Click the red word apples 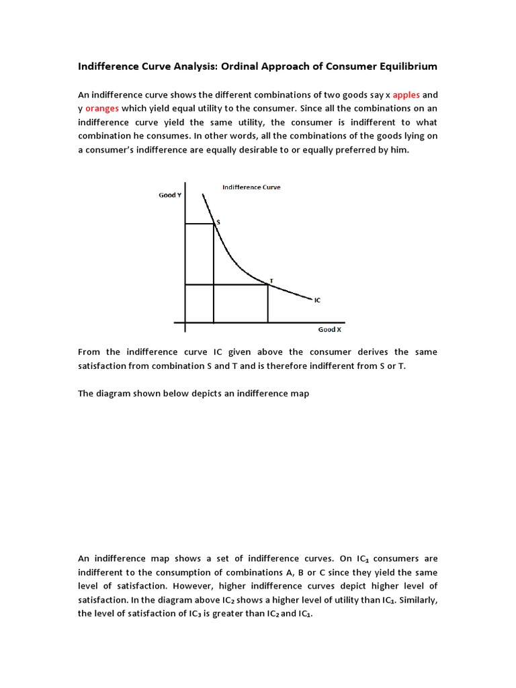coord(406,95)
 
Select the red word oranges coord(102,108)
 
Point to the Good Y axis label coord(169,195)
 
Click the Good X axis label coord(329,330)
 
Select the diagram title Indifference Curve coord(251,187)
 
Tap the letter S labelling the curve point coord(218,221)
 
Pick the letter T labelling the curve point coord(271,280)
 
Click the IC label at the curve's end coord(317,300)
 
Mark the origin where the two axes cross coord(185,322)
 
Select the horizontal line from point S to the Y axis coord(200,224)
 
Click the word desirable coord(262,150)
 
